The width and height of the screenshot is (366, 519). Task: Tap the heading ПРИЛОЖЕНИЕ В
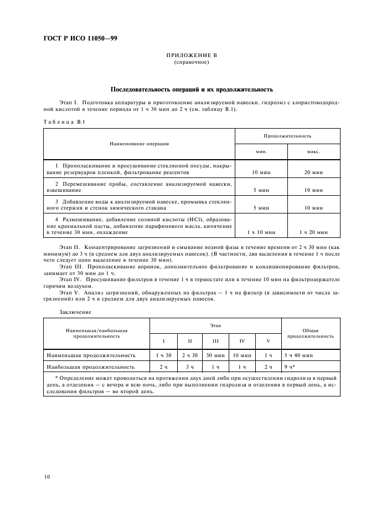tap(192, 57)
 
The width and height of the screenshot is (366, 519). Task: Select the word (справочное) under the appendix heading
tap(192, 63)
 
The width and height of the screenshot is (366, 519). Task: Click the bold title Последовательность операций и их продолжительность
tap(192, 89)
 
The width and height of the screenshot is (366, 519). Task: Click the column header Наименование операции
tap(139, 144)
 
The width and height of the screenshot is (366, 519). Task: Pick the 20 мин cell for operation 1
tap(313, 173)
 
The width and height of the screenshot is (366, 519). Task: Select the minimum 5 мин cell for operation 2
tap(261, 190)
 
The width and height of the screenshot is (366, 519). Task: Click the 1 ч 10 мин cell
tap(261, 232)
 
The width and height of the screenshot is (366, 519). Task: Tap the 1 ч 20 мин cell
tap(313, 232)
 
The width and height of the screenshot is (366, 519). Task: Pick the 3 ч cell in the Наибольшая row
tap(190, 367)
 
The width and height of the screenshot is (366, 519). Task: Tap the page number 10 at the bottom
tap(47, 476)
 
